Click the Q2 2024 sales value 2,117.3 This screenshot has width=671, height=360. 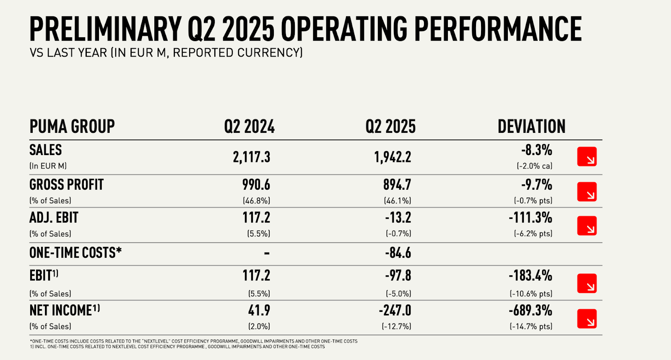[252, 157]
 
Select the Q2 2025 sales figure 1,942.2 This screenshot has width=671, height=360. [393, 157]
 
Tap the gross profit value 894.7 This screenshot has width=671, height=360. [397, 185]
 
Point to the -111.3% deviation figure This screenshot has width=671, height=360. [531, 218]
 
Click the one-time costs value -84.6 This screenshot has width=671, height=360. [398, 253]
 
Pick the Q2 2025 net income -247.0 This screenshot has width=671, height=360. [395, 311]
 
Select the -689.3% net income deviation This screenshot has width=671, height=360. [531, 311]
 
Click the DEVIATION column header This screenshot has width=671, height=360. [531, 127]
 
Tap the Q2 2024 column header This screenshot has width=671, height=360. [249, 127]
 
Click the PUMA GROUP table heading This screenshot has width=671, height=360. [72, 127]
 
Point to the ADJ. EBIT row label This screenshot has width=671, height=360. [54, 218]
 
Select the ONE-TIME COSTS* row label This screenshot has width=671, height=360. [75, 253]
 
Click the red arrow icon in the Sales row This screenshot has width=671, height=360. [587, 157]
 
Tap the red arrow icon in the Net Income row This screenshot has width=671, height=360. [587, 319]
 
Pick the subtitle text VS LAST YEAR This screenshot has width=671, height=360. [68, 53]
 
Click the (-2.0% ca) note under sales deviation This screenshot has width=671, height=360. [534, 166]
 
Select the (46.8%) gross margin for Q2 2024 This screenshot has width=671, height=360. [256, 201]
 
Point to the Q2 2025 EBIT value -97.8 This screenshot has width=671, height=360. [398, 276]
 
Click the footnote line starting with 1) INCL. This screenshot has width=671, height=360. [177, 347]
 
